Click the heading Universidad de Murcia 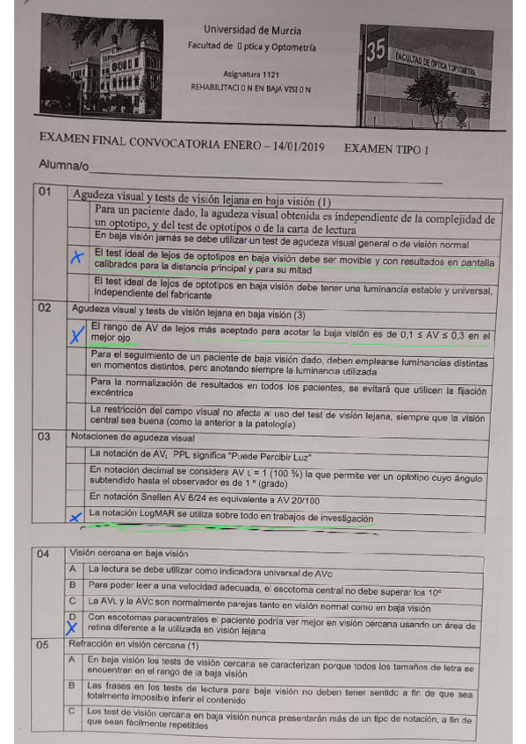pos(248,30)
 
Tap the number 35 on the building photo pos(376,52)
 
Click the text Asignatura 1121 pos(249,76)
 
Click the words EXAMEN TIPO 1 pos(386,149)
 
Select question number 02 pos(46,308)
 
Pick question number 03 pos(46,435)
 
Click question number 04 pos(46,554)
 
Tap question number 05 pos(46,645)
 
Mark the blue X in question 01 pos(76,257)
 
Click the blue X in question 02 pos(76,333)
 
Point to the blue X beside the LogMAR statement pos(76,518)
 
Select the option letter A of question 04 pos(76,569)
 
